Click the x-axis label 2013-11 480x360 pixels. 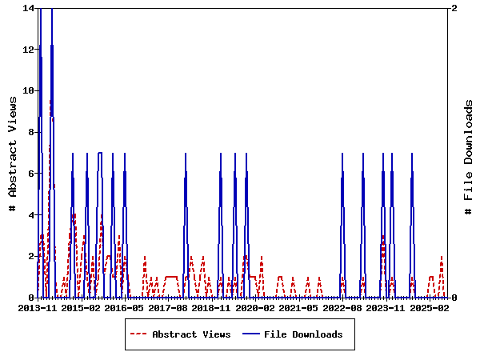tap(38, 307)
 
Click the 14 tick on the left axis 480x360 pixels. tap(28, 8)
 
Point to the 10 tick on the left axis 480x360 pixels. tap(28, 90)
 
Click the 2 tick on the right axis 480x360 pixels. tap(454, 8)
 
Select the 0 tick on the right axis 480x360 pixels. tap(454, 298)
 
